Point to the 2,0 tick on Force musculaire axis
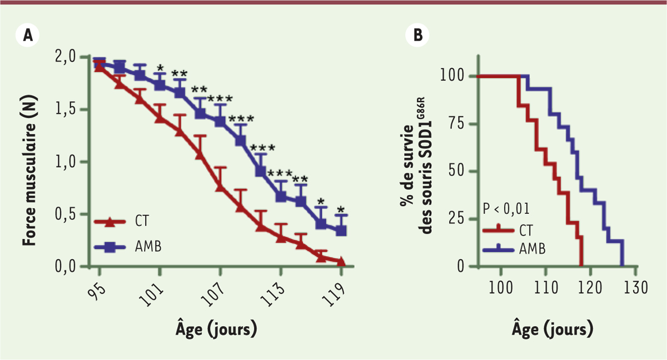tap(69, 57)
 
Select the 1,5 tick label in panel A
tap(69, 109)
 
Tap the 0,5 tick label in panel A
tap(69, 214)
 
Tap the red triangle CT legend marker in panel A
tap(109, 222)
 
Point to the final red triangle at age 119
tap(341, 262)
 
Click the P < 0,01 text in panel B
tap(506, 209)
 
